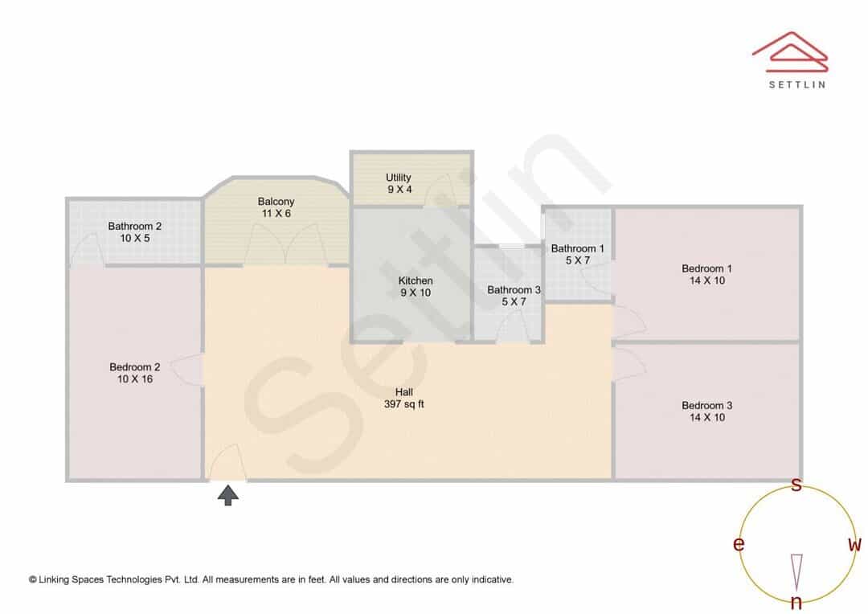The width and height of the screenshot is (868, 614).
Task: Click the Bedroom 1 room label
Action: [x=706, y=268]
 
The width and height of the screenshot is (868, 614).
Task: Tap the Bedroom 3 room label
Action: [x=706, y=405]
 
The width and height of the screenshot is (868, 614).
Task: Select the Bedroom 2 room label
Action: [x=134, y=367]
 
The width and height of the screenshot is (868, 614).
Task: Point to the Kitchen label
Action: [x=416, y=280]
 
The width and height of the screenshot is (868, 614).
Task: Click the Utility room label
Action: [x=398, y=178]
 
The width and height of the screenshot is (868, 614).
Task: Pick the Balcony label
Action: [x=276, y=202]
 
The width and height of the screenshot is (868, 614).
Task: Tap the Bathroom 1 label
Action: [x=577, y=248]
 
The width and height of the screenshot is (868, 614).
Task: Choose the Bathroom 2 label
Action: [x=134, y=226]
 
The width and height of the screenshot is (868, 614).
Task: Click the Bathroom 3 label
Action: [x=514, y=289]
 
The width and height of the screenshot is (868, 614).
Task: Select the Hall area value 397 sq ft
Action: [x=404, y=404]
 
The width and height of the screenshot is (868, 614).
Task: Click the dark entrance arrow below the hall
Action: [x=228, y=496]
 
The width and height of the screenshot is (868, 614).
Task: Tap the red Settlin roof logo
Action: [x=790, y=51]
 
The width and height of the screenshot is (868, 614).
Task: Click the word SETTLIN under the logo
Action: [x=797, y=84]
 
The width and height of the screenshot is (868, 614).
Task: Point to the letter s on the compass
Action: [x=796, y=485]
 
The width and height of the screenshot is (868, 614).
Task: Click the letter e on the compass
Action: [x=739, y=544]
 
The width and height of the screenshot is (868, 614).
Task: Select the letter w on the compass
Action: [x=855, y=544]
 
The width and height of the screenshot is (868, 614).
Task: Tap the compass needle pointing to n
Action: [x=796, y=572]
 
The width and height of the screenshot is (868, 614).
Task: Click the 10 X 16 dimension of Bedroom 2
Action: [x=134, y=379]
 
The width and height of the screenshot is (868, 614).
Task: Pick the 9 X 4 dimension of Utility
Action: [x=399, y=190]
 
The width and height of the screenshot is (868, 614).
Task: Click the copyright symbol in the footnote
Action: [x=33, y=579]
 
